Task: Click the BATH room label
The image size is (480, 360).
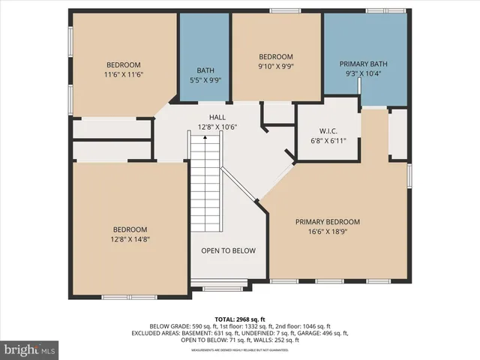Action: (x=205, y=70)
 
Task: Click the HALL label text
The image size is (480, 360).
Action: (x=217, y=118)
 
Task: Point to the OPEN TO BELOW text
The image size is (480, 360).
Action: (x=228, y=250)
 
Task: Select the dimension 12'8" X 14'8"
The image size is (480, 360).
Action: (x=130, y=240)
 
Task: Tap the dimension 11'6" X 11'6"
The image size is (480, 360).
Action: (x=122, y=75)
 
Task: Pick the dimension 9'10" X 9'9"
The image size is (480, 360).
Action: (x=276, y=67)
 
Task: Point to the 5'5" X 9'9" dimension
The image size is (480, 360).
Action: (x=205, y=80)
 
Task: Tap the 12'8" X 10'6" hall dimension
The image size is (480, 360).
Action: (x=217, y=127)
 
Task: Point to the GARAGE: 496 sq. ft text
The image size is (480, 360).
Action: (x=325, y=333)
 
